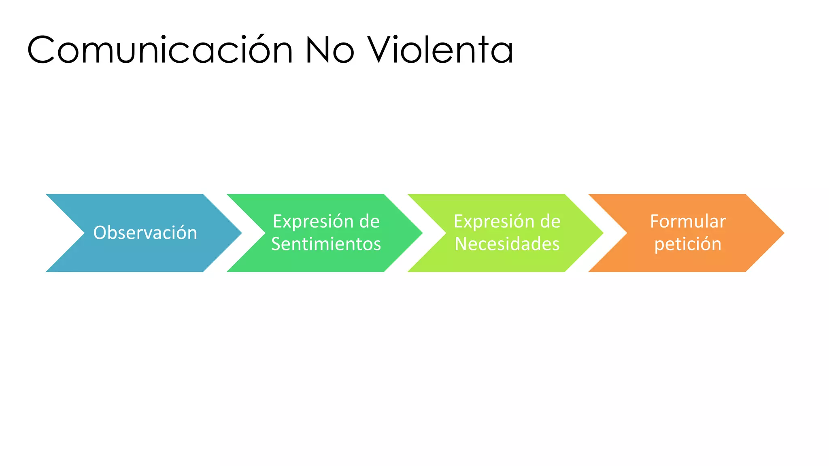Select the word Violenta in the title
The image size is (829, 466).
[x=440, y=50]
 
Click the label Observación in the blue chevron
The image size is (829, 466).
[x=145, y=233]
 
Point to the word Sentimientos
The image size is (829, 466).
[x=326, y=244]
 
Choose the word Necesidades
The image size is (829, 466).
[x=507, y=244]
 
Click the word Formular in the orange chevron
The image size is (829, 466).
[x=688, y=221]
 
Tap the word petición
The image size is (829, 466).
[x=688, y=244]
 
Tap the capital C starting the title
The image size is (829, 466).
[x=40, y=50]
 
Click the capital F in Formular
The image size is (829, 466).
[x=655, y=221]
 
